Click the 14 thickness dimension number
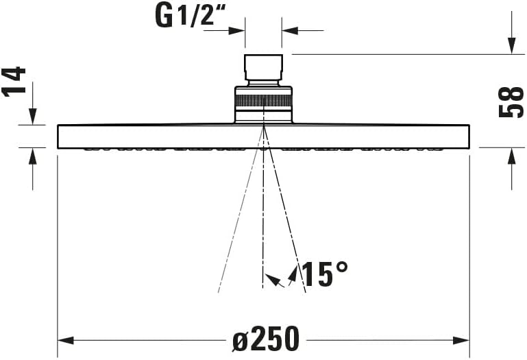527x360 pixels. (x=15, y=82)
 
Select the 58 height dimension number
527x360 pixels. (x=511, y=101)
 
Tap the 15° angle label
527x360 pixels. (x=325, y=274)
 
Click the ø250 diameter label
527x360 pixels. (x=266, y=339)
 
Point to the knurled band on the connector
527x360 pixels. (x=264, y=100)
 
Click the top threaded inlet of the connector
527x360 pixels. (x=264, y=68)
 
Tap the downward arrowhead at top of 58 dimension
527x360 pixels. (x=511, y=46)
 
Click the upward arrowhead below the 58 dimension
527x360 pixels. (x=511, y=156)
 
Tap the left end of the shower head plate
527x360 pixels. (x=60, y=136)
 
